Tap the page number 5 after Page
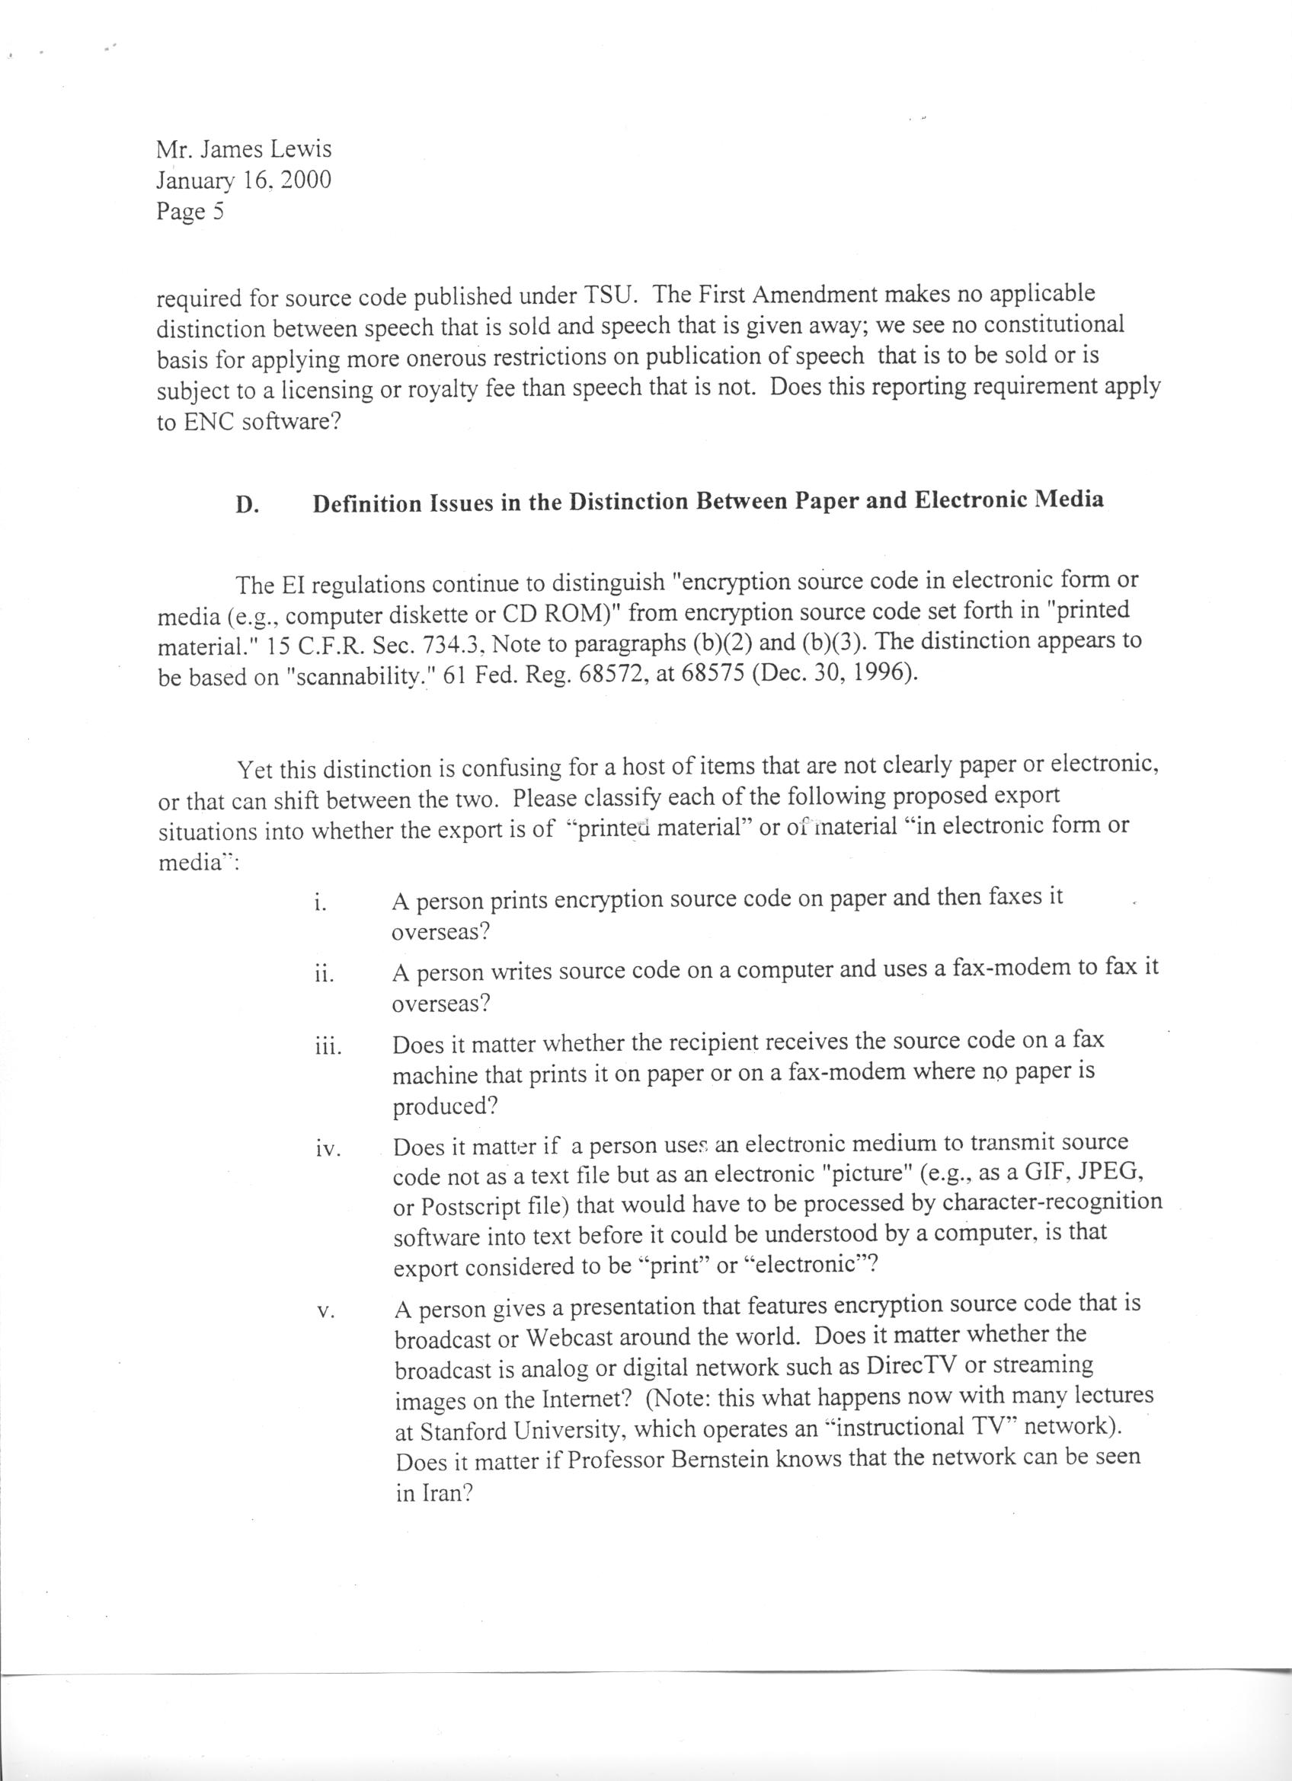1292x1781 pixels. click(219, 212)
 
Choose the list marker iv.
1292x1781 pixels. click(327, 1150)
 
